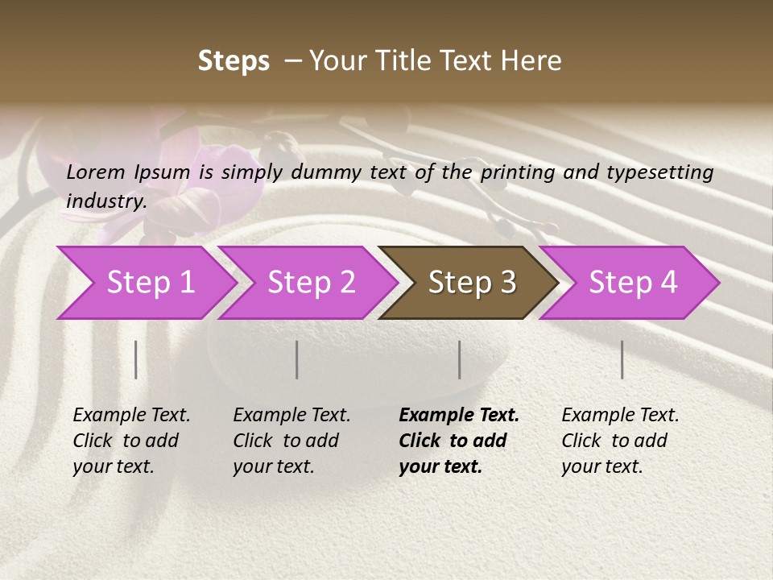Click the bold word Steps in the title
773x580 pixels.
pyautogui.click(x=234, y=61)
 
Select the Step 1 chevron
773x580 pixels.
pyautogui.click(x=150, y=283)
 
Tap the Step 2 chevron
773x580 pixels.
pyautogui.click(x=311, y=283)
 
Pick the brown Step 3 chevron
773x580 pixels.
pyautogui.click(x=471, y=283)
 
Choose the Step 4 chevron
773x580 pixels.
pyautogui.click(x=632, y=283)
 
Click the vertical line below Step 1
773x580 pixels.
pyautogui.click(x=136, y=359)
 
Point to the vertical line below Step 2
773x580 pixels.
pyautogui.click(x=297, y=359)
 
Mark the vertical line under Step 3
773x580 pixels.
pyautogui.click(x=460, y=359)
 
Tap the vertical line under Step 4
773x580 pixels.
pyautogui.click(x=622, y=359)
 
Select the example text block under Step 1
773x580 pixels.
pyautogui.click(x=131, y=441)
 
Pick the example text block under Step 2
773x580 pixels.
pyautogui.click(x=291, y=441)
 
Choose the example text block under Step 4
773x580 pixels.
pyautogui.click(x=620, y=441)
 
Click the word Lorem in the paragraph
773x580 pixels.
pyautogui.click(x=96, y=172)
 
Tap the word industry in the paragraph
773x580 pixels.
pyautogui.click(x=105, y=201)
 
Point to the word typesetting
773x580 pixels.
pyautogui.click(x=666, y=172)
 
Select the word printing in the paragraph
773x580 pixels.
pyautogui.click(x=515, y=172)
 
